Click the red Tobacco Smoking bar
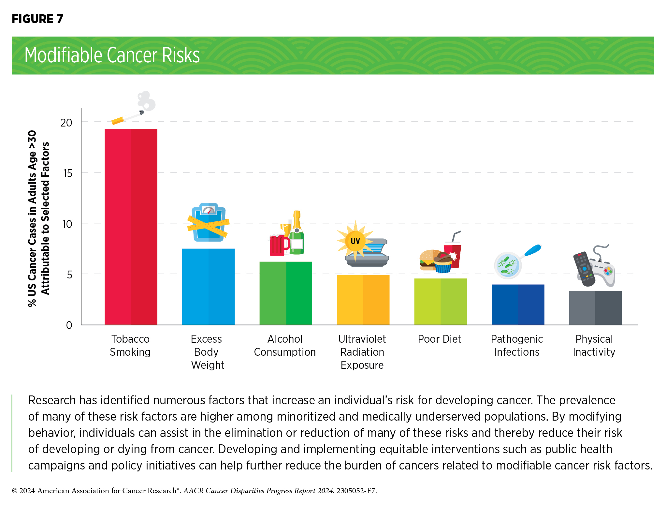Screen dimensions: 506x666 (x=131, y=227)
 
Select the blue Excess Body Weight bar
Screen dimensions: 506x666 (x=208, y=287)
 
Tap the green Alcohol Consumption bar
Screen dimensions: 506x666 (x=286, y=293)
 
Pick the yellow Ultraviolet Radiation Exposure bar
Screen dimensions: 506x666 (x=363, y=300)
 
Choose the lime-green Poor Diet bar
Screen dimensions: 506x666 (x=440, y=302)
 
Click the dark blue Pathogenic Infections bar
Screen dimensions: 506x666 (x=518, y=305)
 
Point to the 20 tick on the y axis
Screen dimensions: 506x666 (x=66, y=123)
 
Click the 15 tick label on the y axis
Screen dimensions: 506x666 (x=68, y=173)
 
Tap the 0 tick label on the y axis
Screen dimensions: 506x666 (x=69, y=325)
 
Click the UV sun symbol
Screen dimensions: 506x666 (x=355, y=241)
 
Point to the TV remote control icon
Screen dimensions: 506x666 (x=584, y=269)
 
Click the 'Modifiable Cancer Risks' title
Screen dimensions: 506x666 (x=112, y=55)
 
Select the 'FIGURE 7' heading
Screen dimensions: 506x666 (x=37, y=19)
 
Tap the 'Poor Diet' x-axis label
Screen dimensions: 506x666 (x=440, y=339)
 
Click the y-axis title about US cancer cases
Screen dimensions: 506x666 (x=38, y=218)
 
